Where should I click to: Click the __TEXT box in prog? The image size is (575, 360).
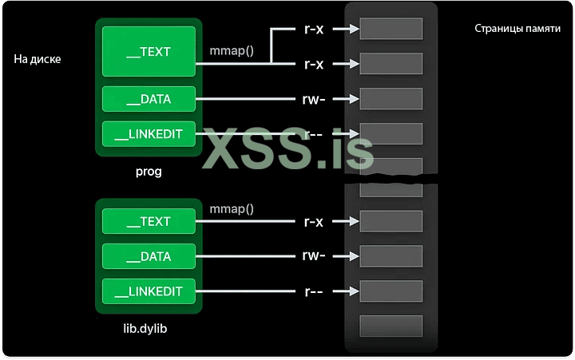(149, 52)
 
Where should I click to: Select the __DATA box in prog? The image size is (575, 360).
(149, 100)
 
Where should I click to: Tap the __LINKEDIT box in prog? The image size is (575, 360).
(149, 134)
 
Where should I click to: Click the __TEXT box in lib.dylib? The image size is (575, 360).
(149, 221)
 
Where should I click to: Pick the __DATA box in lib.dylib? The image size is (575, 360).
(149, 256)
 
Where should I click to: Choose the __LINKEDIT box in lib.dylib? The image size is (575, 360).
(149, 291)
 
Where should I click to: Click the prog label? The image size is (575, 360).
(149, 171)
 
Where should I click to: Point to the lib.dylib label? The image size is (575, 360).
(149, 327)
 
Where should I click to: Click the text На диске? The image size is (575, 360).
(38, 59)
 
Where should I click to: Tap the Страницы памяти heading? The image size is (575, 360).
(517, 29)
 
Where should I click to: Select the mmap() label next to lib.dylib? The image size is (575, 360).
(232, 209)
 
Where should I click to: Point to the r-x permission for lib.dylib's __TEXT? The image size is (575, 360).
(314, 221)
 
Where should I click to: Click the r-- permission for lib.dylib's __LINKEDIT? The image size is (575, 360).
(314, 291)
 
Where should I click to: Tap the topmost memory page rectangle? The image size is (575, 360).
(391, 29)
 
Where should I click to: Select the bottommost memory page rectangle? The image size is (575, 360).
(391, 326)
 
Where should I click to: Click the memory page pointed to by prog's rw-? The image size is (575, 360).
(391, 99)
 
